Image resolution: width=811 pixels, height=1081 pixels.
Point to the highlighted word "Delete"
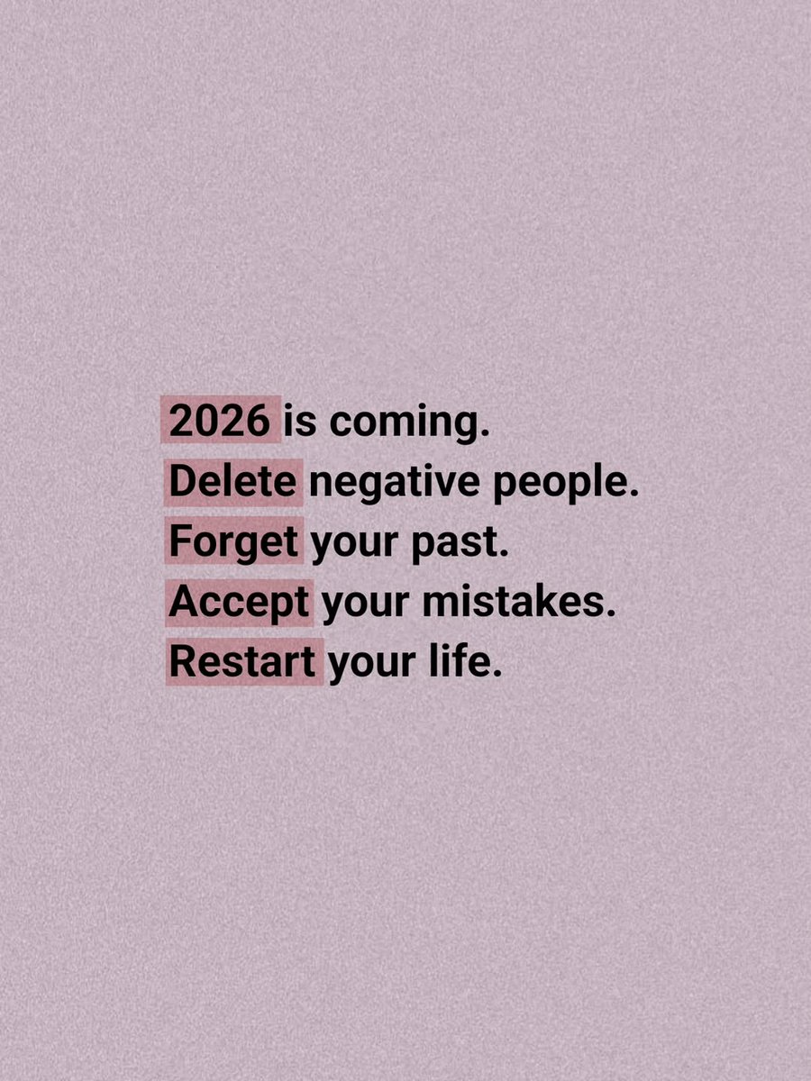(232, 483)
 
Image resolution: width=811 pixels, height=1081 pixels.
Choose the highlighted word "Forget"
(233, 543)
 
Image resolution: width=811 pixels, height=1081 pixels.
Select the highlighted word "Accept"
(239, 604)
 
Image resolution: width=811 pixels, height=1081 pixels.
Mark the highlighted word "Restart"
(242, 663)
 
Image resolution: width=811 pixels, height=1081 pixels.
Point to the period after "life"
(494, 675)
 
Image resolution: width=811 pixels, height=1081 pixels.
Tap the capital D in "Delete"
(181, 483)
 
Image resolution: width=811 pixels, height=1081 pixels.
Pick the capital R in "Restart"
(181, 663)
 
